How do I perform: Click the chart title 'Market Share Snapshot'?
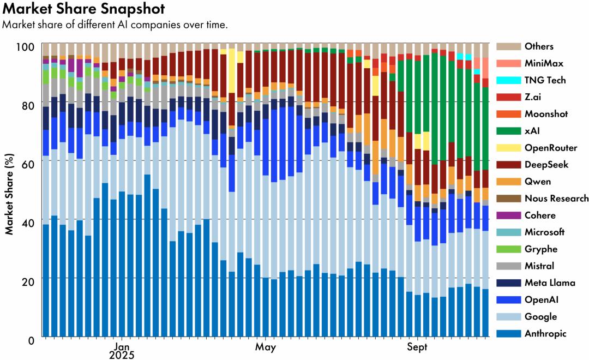(x=83, y=9)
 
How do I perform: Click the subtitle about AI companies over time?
(x=115, y=25)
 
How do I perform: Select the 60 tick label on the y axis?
(x=28, y=164)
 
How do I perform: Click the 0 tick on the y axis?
(x=32, y=340)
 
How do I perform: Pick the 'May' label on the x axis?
(x=266, y=347)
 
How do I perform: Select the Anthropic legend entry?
(x=545, y=334)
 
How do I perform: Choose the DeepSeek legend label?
(x=546, y=165)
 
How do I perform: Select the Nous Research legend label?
(x=556, y=199)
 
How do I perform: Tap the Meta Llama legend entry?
(x=549, y=283)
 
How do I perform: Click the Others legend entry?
(x=538, y=46)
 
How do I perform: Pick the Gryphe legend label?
(x=540, y=249)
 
